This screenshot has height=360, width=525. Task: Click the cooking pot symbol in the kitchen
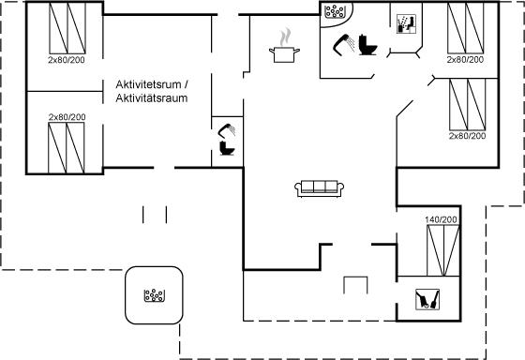[284, 55]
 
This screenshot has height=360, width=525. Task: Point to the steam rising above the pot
[285, 37]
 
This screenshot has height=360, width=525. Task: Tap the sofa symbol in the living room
[320, 188]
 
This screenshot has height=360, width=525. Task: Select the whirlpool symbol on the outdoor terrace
[154, 295]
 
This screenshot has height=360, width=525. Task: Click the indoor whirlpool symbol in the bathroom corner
[335, 11]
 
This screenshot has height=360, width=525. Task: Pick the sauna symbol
[406, 23]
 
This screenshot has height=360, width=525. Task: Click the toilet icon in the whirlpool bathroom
[367, 45]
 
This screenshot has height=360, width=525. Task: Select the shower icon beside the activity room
[227, 130]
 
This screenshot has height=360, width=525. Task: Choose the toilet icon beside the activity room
[227, 148]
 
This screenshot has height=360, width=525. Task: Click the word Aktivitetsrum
[148, 84]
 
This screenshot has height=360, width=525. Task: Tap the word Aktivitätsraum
[151, 98]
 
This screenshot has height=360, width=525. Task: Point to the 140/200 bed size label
[441, 219]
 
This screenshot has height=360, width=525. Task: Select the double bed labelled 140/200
[442, 250]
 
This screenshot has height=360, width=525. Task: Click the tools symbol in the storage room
[427, 299]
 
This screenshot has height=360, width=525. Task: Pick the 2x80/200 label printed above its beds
[67, 117]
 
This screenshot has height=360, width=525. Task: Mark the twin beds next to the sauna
[466, 28]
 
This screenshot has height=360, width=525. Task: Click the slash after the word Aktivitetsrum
[186, 84]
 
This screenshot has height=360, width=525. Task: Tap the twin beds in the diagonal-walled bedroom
[468, 104]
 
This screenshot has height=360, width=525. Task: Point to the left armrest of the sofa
[298, 188]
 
